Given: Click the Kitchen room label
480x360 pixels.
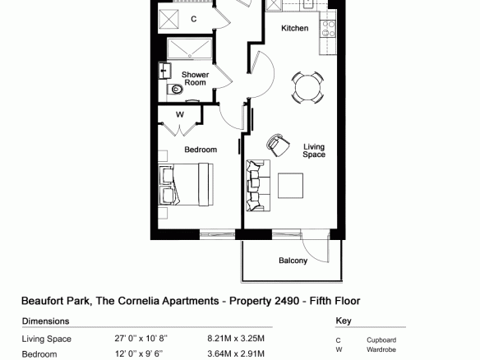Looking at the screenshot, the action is (294, 28).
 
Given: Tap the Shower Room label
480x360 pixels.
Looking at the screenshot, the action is (195, 79).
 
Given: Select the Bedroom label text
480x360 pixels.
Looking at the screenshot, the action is (201, 150).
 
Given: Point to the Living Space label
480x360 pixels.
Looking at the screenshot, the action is (314, 150).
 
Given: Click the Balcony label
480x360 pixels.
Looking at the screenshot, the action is (293, 261).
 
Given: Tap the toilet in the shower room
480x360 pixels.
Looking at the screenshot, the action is (175, 90).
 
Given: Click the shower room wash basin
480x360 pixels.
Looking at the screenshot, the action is (165, 71).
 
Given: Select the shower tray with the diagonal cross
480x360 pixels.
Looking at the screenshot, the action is (190, 48).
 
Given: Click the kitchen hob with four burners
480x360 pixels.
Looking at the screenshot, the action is (328, 29).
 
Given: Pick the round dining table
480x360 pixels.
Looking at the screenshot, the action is (307, 88).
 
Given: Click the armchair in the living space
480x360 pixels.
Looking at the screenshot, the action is (278, 145).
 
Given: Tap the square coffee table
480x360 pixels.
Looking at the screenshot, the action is (290, 186).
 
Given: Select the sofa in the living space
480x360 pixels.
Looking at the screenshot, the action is (258, 186).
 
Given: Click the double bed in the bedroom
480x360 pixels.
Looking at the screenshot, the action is (186, 185).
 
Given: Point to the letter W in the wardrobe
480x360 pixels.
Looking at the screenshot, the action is (180, 114).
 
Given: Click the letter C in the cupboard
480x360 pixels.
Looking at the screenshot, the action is (193, 19).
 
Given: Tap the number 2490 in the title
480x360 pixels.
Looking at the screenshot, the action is (287, 301).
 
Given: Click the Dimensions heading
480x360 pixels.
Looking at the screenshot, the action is (45, 321).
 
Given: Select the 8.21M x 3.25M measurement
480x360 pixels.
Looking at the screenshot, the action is (236, 339).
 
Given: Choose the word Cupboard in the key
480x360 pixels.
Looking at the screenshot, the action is (381, 340).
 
